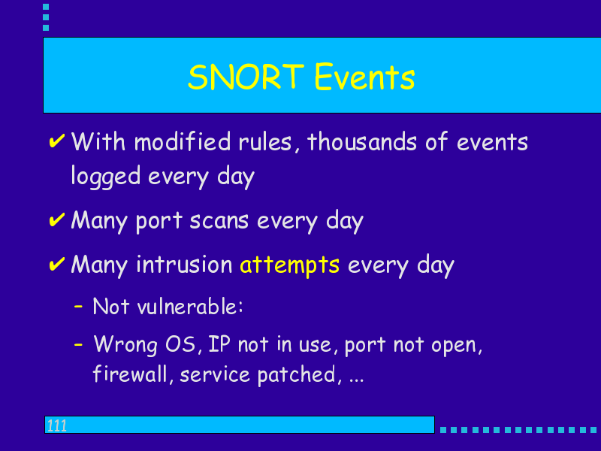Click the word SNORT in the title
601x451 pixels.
(x=246, y=77)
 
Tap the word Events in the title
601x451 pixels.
(x=364, y=77)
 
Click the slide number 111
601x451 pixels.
(x=57, y=425)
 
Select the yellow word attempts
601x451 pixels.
(x=289, y=265)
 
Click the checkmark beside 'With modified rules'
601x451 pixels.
(x=57, y=141)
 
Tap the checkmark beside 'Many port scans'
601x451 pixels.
(x=57, y=219)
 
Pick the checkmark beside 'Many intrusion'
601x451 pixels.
(x=57, y=264)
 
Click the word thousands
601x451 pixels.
(x=362, y=141)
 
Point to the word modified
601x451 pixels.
(x=183, y=141)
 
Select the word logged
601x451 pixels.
(x=106, y=177)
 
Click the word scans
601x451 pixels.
(x=219, y=221)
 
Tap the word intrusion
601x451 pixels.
(x=184, y=265)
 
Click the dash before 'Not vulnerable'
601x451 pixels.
(x=78, y=307)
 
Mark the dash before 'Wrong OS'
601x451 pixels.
(x=78, y=344)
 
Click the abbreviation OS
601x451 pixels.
(x=180, y=344)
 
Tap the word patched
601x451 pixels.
(x=296, y=374)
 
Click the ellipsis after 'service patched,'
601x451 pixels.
(x=356, y=380)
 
